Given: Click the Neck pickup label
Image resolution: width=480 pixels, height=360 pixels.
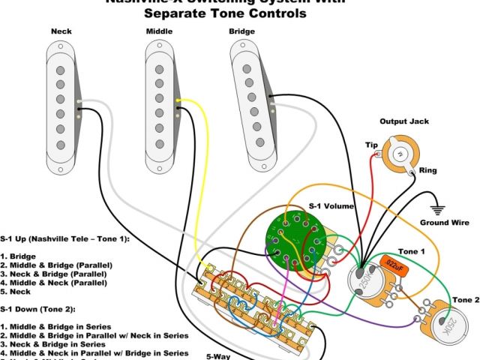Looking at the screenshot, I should pos(61,31).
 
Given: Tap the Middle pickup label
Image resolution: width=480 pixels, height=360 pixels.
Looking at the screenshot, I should pos(158,31).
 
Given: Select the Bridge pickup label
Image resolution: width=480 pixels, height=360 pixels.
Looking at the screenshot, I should pos(242,31).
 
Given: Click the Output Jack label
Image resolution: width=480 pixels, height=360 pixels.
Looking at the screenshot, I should pos(403,121).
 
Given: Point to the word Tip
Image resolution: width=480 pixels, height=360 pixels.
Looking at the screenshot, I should pos(371,145).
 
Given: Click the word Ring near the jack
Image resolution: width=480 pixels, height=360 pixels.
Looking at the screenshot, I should pos(428,171).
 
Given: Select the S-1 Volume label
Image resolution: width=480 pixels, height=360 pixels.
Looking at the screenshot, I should pos(331,206).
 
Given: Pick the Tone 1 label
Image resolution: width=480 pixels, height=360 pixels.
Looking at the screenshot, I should pos(412,251).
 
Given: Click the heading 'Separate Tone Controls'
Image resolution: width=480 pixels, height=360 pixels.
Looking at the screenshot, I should pos(225,13).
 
